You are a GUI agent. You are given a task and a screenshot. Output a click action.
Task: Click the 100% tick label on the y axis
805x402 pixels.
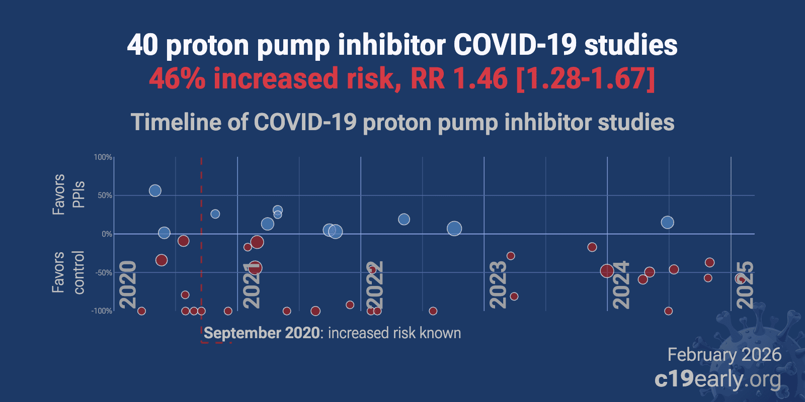103,157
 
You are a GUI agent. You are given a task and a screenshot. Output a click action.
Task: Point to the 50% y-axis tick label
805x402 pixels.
105,195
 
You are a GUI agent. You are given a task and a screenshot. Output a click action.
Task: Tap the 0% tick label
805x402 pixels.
107,234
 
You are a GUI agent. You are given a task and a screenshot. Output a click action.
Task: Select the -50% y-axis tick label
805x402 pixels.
103,273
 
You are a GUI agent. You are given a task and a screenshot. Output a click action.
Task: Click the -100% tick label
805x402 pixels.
102,311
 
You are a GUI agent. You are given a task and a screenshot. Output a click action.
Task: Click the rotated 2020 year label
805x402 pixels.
128,284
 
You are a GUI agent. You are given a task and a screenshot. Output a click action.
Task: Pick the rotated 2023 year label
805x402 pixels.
498,284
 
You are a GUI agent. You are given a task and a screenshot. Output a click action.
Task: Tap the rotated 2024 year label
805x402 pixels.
621,284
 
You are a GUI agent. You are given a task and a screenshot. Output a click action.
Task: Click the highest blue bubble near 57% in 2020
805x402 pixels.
155,190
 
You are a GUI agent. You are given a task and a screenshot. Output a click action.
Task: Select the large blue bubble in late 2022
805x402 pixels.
454,229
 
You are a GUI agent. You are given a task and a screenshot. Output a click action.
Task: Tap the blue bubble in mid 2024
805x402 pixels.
667,222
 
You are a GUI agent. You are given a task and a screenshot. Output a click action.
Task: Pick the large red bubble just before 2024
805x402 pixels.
607,271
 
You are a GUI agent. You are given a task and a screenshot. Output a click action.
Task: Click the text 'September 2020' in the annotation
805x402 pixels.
262,333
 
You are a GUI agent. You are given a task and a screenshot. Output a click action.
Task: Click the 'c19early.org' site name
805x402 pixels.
718,379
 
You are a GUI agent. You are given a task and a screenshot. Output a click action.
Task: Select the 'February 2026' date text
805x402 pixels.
724,355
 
